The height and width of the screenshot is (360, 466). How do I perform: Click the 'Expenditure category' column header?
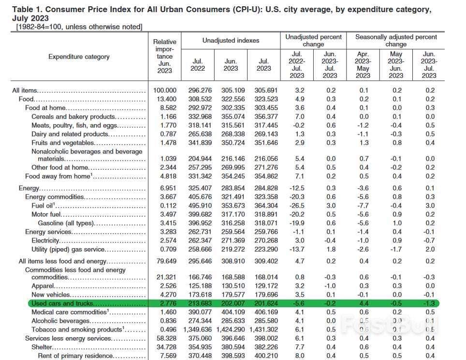[79, 57]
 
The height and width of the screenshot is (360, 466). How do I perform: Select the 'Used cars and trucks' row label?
[62, 303]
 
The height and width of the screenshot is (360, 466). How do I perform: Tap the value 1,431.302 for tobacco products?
[263, 330]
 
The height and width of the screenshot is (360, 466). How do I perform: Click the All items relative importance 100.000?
[165, 90]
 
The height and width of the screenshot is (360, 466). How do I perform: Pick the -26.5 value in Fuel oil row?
[296, 206]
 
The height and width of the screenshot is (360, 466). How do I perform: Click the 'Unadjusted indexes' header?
[231, 41]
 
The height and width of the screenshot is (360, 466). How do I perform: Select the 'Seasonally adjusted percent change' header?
[396, 41]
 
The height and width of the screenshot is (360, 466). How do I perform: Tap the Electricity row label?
[45, 240]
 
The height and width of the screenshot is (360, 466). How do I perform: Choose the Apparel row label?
[43, 286]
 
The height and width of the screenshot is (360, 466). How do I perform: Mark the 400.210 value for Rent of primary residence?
[263, 356]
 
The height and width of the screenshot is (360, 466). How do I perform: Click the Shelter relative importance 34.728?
[165, 347]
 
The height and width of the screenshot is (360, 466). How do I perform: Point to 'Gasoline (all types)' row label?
[65, 223]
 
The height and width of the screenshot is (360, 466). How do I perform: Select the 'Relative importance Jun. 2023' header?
[165, 57]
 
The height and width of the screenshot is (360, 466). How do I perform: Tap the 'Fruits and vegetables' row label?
[62, 143]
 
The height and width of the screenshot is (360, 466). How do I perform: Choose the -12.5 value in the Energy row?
[296, 188]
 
